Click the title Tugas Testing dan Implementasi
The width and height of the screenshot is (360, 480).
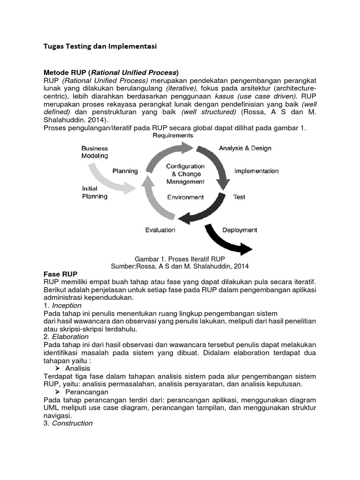click(x=99, y=46)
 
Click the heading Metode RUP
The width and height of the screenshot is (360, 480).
click(x=111, y=73)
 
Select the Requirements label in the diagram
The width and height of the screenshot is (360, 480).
click(x=173, y=135)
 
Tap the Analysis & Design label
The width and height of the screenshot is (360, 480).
click(x=245, y=148)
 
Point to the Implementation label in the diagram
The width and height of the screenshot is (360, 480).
click(x=256, y=171)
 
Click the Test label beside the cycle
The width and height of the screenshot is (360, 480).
click(x=239, y=197)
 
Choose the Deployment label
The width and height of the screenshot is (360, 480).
click(x=240, y=230)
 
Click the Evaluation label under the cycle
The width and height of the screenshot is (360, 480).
click(x=160, y=230)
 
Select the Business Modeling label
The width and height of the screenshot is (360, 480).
click(x=95, y=152)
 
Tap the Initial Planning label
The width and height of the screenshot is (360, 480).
click(x=95, y=192)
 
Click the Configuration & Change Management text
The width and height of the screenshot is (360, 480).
click(x=185, y=174)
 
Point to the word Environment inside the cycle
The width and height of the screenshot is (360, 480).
click(x=186, y=197)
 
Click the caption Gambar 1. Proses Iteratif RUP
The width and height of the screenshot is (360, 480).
click(x=180, y=259)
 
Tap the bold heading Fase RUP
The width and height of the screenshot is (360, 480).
click(x=60, y=274)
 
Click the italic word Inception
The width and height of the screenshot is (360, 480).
click(x=67, y=305)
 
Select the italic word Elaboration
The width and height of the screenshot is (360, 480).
click(x=70, y=337)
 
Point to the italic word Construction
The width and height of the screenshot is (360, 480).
click(x=72, y=423)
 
